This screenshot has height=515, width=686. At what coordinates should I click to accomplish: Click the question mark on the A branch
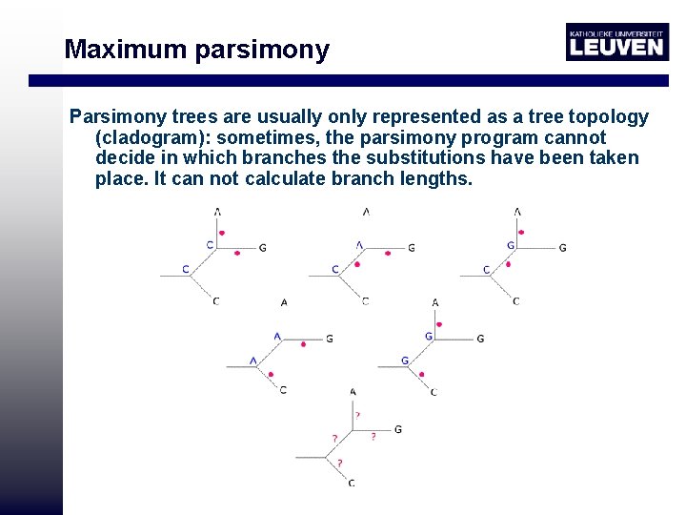coord(357,415)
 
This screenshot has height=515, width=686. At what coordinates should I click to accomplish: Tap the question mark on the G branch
coord(373,436)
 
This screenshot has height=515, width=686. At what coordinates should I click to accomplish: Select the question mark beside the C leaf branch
coord(334,438)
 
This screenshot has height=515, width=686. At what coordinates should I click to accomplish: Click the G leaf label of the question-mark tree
coord(397,429)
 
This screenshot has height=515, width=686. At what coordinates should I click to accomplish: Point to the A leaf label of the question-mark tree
coord(353,392)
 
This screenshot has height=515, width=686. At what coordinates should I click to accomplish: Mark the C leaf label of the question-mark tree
coord(352,483)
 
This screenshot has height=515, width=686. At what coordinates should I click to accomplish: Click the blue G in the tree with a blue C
coord(511,245)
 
